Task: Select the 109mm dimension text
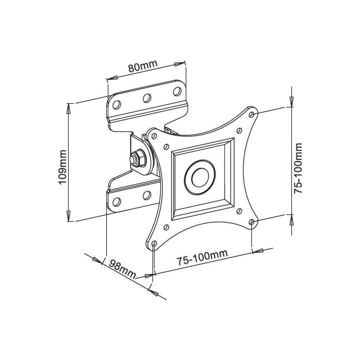63,166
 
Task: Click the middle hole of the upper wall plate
147,98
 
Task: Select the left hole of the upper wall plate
117,104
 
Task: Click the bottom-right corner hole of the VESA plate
252,222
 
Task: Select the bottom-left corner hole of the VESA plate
154,244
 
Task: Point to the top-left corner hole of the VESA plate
154,136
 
